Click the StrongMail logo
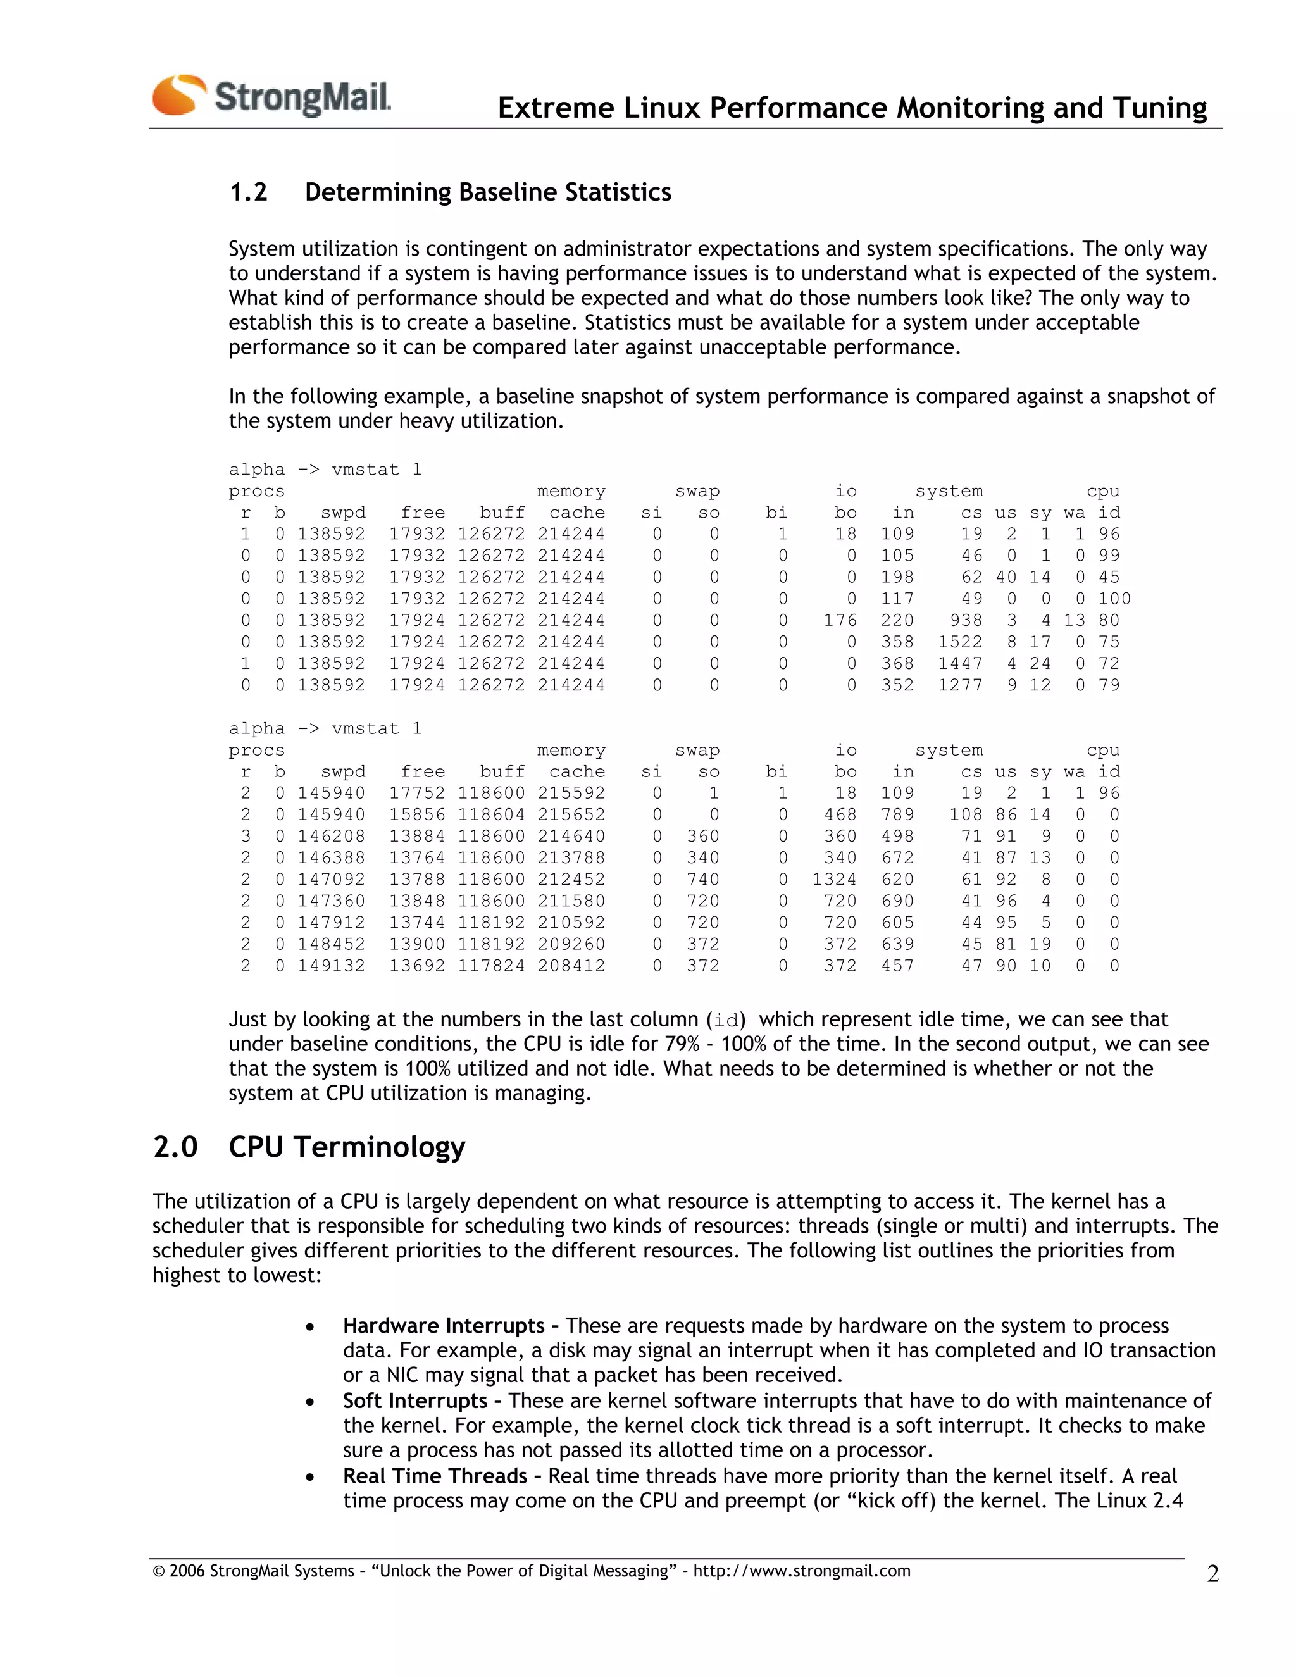[x=271, y=96]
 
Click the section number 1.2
[x=248, y=192]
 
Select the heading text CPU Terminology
[x=346, y=1147]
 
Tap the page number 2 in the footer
[x=1212, y=1573]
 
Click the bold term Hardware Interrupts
[x=443, y=1326]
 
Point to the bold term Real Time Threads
[x=435, y=1476]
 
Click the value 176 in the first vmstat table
[x=839, y=620]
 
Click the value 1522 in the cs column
[x=960, y=642]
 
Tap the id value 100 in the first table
[x=1114, y=599]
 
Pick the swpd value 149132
[x=331, y=966]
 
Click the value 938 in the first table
[x=965, y=620]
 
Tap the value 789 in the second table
[x=897, y=814]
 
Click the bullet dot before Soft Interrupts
[x=309, y=1403]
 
